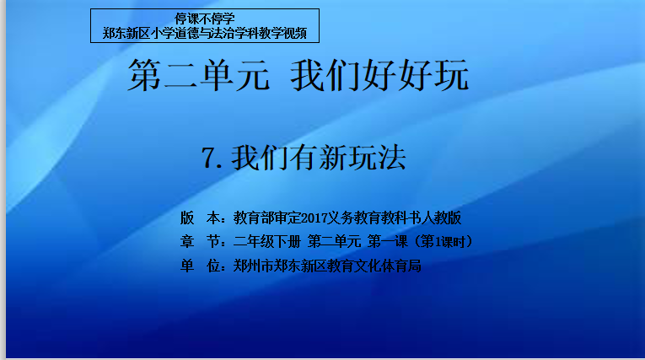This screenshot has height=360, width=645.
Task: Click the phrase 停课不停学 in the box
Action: tap(204, 19)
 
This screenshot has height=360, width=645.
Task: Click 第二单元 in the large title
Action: tap(199, 75)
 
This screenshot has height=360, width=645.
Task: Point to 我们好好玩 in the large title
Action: tap(379, 75)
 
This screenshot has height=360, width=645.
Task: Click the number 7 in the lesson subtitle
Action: tap(208, 158)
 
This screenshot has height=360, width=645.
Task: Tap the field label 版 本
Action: tap(200, 218)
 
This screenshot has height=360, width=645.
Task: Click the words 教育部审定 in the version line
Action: tap(267, 218)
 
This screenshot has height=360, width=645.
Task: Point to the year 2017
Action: tap(314, 218)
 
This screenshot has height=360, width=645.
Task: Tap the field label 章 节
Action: tap(200, 241)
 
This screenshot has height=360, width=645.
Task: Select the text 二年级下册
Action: tap(267, 241)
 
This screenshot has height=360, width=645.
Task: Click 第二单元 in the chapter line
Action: tap(334, 241)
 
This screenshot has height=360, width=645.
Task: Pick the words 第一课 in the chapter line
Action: tap(388, 241)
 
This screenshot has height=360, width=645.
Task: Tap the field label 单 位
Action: tap(200, 266)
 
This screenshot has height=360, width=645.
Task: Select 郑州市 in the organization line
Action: tap(254, 266)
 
